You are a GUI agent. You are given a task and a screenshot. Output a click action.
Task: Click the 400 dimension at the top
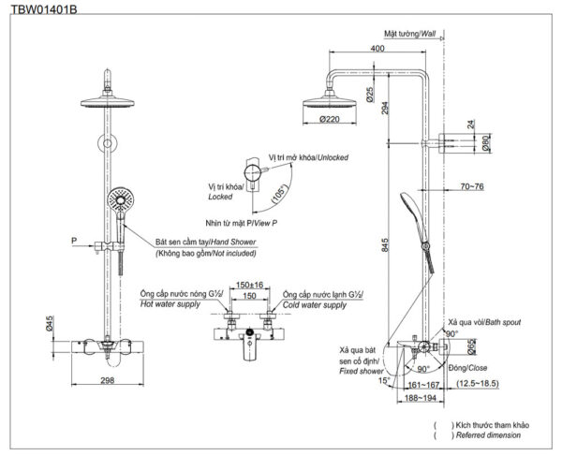377,48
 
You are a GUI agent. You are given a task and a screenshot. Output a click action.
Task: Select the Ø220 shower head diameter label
330,119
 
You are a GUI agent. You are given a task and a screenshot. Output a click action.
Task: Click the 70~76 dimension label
472,187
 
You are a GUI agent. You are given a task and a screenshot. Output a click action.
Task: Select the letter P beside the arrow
73,241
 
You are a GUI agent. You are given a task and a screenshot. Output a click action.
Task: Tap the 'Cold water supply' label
323,305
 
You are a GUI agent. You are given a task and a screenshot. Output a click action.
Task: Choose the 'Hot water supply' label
171,305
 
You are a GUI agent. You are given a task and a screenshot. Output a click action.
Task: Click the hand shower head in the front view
120,199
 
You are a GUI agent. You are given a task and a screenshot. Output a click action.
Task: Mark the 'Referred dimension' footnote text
491,435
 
